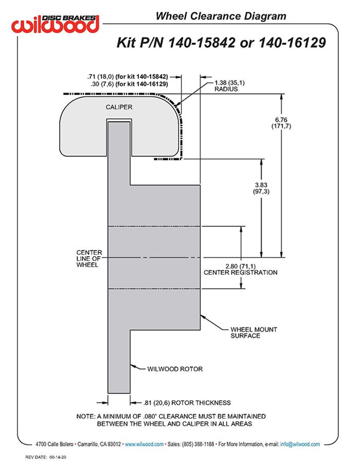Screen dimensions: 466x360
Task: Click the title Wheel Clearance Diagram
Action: tap(221, 16)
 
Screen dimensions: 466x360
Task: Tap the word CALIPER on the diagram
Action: tap(119, 107)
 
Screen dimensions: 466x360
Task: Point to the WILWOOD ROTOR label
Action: tap(175, 369)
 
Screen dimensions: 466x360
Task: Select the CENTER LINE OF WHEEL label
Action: tap(89, 258)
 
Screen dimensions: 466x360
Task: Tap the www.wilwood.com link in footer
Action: tap(145, 444)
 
